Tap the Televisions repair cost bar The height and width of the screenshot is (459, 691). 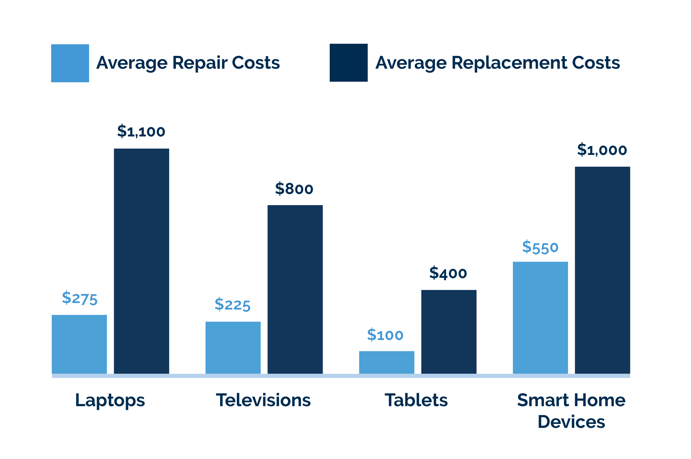pyautogui.click(x=233, y=348)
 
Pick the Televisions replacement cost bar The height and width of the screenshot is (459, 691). pyautogui.click(x=295, y=289)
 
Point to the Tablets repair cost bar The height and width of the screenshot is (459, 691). pyautogui.click(x=387, y=362)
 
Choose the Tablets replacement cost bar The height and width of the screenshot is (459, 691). pyautogui.click(x=448, y=332)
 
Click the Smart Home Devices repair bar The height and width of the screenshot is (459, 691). pyautogui.click(x=540, y=317)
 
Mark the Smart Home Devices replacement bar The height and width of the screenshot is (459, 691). pyautogui.click(x=602, y=270)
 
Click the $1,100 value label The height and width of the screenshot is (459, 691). pyautogui.click(x=141, y=132)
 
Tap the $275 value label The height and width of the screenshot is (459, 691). pyautogui.click(x=80, y=298)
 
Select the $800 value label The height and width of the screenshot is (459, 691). pyautogui.click(x=294, y=189)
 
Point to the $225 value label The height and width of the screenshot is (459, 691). pyautogui.click(x=233, y=305)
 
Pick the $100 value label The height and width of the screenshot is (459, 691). pyautogui.click(x=385, y=335)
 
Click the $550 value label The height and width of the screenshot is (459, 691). pyautogui.click(x=540, y=247)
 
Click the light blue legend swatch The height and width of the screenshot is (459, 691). pyautogui.click(x=70, y=63)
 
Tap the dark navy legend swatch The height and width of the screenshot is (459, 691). pyautogui.click(x=348, y=63)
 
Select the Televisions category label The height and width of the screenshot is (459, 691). pyautogui.click(x=263, y=400)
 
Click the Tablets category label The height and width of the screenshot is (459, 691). pyautogui.click(x=416, y=400)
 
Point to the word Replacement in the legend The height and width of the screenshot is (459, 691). pyautogui.click(x=509, y=63)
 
